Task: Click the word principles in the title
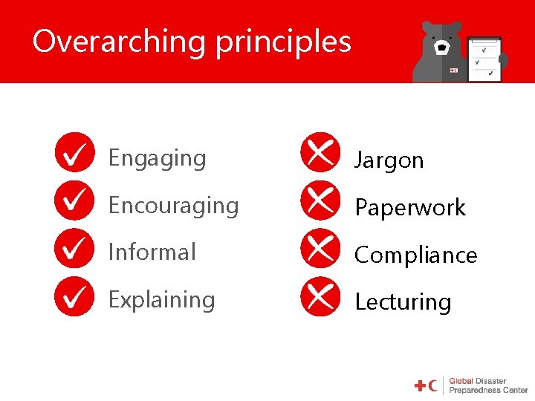[x=283, y=42]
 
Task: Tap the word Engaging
[x=157, y=159]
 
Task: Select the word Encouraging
[x=173, y=206]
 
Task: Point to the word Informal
[x=152, y=252]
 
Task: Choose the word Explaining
[x=161, y=300]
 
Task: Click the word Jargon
[x=389, y=161]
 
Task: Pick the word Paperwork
[x=410, y=208]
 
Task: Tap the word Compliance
[x=415, y=255]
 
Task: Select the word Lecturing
[x=403, y=302]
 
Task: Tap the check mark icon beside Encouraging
[x=74, y=200]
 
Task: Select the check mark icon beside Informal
[x=74, y=249]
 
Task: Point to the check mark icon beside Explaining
[x=74, y=296]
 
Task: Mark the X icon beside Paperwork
[x=320, y=200]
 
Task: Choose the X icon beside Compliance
[x=320, y=249]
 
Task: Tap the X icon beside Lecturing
[x=320, y=296]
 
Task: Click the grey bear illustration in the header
[x=442, y=52]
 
